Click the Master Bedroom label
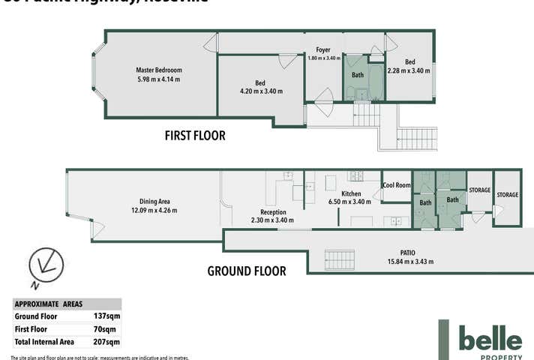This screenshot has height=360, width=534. coord(158,70)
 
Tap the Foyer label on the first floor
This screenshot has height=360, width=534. coord(323,50)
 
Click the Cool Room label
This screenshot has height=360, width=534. coord(397,185)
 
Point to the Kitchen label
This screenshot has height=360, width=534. coord(351,193)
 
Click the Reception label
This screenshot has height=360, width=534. coord(273,211)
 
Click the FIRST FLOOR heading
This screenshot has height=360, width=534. coord(195,136)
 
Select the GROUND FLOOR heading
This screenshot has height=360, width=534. coord(246,271)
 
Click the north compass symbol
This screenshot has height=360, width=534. coord(45,267)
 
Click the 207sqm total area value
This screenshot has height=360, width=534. coord(108,342)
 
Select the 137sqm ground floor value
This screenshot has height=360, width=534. coord(108,316)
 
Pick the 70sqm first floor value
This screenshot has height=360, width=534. coord(109,329)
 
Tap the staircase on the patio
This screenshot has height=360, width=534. coord(339,260)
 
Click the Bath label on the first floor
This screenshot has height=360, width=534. coord(358,75)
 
